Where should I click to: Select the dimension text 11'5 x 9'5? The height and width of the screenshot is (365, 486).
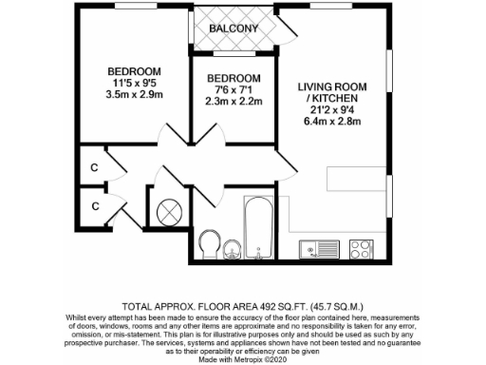click(133, 83)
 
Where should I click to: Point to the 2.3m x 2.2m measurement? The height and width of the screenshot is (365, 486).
click(234, 101)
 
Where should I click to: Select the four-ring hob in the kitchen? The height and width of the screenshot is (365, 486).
click(361, 250)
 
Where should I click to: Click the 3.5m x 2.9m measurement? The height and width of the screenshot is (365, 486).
click(133, 95)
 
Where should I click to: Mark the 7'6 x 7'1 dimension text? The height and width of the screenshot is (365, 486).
click(234, 89)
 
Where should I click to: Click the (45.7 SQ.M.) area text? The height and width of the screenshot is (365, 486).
click(308, 282)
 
